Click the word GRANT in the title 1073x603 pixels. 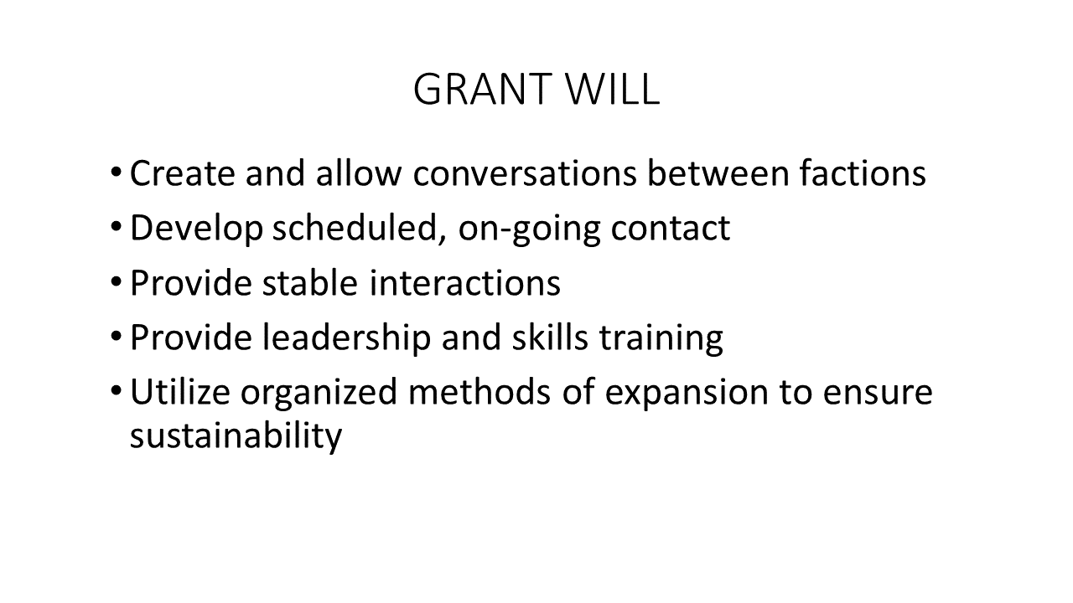482,89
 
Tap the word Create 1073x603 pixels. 182,173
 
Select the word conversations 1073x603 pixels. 525,173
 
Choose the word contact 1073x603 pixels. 670,228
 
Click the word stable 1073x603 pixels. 310,282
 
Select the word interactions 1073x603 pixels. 464,283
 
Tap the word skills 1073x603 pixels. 550,338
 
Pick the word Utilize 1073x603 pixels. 179,391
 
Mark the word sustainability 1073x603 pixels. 236,436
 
